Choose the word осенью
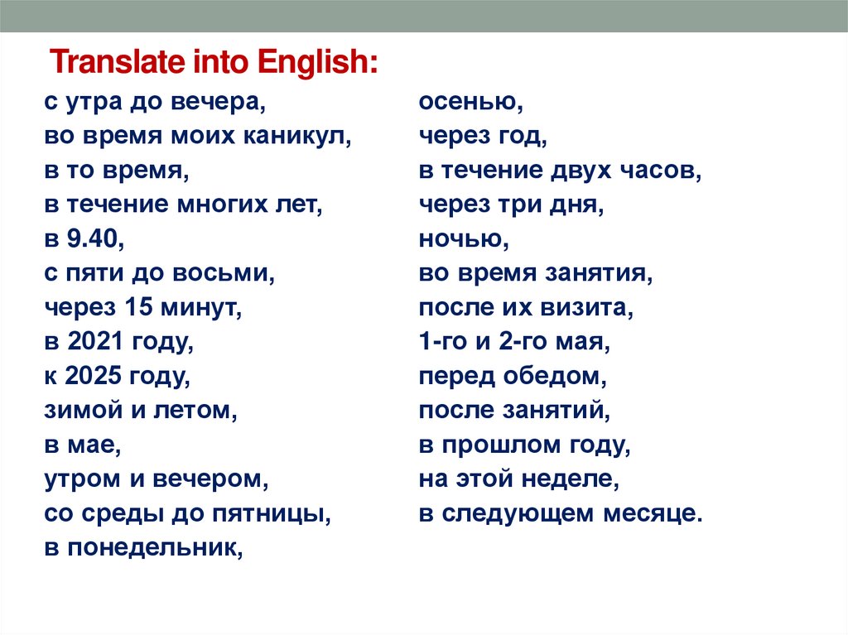point(470,103)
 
